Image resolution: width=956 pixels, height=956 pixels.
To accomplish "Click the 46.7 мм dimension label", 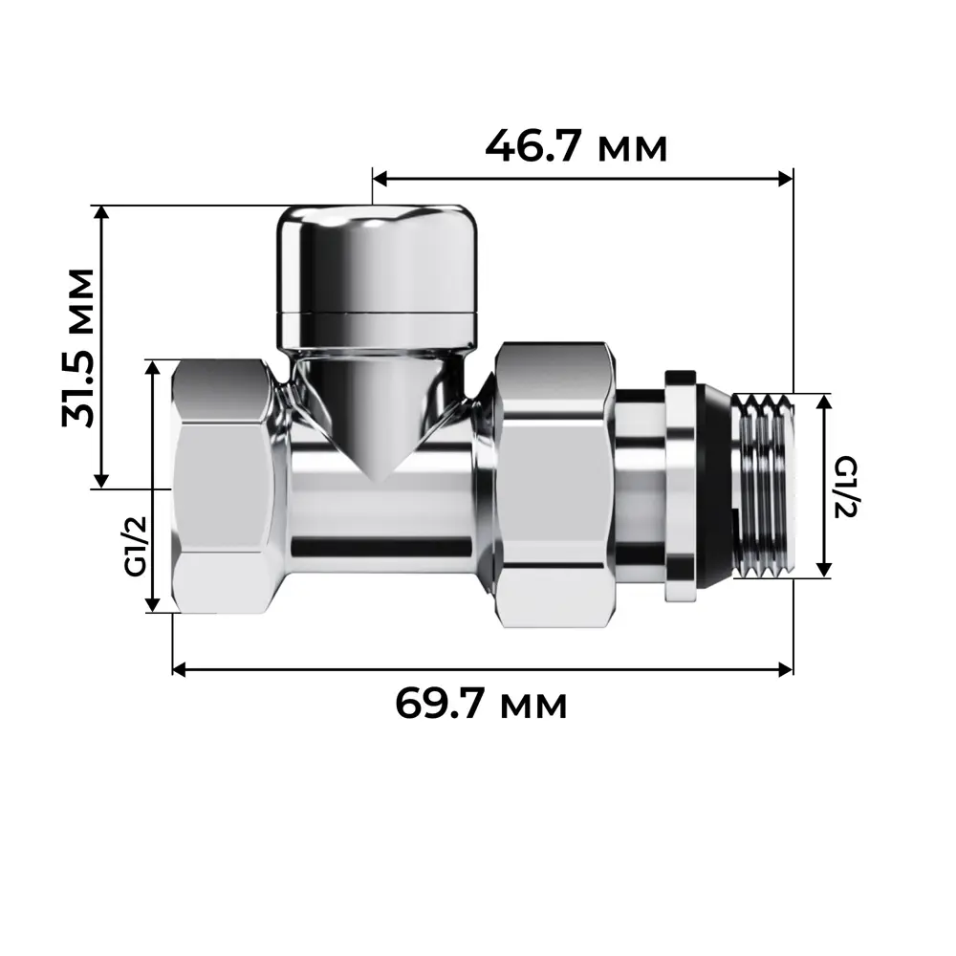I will [576, 146].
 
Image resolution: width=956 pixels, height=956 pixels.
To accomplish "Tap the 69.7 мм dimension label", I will [481, 706].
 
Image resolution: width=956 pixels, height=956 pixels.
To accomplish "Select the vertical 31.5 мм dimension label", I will [79, 347].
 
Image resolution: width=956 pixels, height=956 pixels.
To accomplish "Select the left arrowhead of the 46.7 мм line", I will [380, 178].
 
